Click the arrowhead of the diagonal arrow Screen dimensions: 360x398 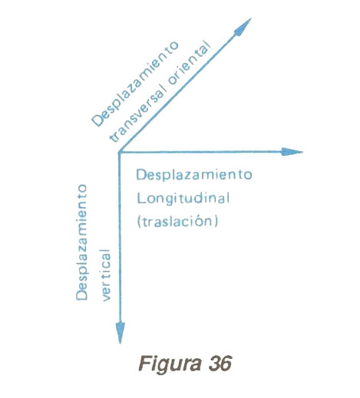(243, 27)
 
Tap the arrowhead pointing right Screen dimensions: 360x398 (292, 152)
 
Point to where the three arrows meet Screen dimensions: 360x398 (120, 153)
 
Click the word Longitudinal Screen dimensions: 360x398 (183, 199)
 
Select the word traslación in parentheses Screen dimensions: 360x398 (177, 221)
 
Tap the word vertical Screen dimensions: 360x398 (106, 275)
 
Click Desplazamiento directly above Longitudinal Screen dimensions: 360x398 (194, 175)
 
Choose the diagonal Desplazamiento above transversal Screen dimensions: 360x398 (135, 84)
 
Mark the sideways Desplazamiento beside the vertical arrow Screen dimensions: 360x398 (81, 242)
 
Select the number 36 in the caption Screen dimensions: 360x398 (220, 363)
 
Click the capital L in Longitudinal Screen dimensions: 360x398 (141, 198)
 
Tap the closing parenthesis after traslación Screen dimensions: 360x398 (216, 222)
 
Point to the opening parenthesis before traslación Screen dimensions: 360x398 (140, 222)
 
